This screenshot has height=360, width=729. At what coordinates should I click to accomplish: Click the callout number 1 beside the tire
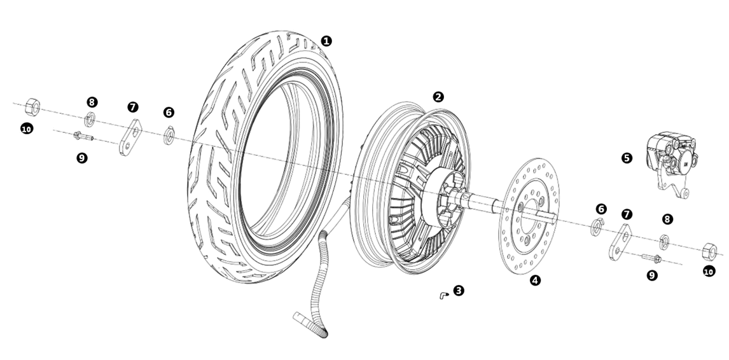coord(326,41)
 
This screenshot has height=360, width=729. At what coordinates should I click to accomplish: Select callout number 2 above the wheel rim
coord(438,97)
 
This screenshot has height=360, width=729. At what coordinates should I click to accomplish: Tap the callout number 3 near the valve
coord(459,291)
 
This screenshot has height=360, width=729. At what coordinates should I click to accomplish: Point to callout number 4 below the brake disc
coord(535,279)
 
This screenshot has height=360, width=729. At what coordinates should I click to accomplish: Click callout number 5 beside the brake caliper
coord(627,157)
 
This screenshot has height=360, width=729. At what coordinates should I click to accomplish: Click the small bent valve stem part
coord(442,294)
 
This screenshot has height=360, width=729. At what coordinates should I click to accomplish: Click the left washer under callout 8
coord(91,118)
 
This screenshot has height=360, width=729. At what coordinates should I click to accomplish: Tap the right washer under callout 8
coord(663,240)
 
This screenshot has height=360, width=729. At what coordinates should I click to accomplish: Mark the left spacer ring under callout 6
coord(170,136)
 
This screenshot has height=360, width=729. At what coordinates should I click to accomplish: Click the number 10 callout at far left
coord(26,129)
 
